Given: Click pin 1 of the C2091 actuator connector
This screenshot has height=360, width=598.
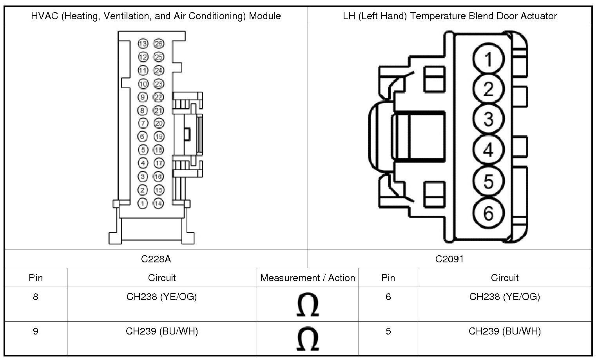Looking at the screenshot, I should [x=488, y=60].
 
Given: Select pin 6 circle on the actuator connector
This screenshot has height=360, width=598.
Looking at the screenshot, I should [x=488, y=213].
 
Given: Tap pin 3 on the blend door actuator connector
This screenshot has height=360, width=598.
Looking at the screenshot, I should [x=488, y=119].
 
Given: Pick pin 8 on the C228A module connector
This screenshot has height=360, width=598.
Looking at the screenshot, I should [x=143, y=110].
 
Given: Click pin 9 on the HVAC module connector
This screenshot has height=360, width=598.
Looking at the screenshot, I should [x=143, y=97].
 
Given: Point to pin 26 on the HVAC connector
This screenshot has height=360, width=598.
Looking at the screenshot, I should [x=158, y=44].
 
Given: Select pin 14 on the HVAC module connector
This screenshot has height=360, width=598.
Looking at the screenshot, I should [x=158, y=203].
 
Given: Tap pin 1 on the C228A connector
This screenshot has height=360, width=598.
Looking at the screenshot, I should [x=143, y=203].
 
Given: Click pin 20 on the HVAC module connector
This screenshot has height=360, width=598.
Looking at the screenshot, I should [x=158, y=123].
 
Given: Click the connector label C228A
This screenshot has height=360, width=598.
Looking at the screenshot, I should [x=156, y=259].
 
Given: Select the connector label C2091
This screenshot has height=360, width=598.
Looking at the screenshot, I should [x=449, y=259].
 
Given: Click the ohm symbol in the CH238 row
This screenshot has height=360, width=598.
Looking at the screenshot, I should [x=308, y=305].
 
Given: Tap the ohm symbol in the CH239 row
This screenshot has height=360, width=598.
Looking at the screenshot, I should [x=308, y=340].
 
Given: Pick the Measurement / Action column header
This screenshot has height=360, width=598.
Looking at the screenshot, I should [x=308, y=278].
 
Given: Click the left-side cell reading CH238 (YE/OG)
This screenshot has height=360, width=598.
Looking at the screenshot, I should [x=161, y=296].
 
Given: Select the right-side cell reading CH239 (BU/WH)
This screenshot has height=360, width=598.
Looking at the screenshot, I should [x=504, y=331].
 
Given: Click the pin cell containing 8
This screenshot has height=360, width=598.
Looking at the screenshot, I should [x=36, y=296].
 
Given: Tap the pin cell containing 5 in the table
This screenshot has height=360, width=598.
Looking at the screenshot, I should [x=388, y=331].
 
